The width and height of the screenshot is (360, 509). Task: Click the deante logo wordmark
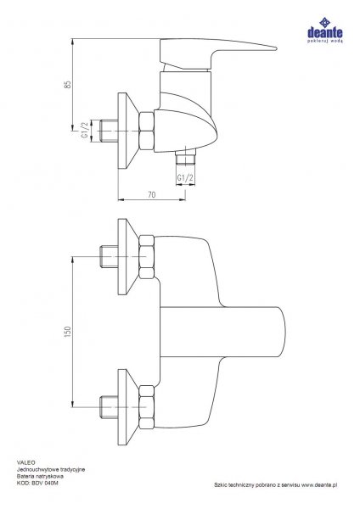click(325, 33)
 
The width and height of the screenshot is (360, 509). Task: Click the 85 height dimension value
click(68, 84)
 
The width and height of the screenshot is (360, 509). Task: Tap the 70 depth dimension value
click(152, 195)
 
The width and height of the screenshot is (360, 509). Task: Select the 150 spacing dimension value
click(68, 332)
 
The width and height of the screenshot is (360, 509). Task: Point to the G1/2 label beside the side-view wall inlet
click(85, 131)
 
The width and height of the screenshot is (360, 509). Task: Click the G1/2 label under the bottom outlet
click(186, 178)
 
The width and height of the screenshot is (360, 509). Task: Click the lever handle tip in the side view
click(276, 49)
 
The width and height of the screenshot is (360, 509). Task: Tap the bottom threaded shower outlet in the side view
click(186, 158)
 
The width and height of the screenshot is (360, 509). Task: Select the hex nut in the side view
click(146, 131)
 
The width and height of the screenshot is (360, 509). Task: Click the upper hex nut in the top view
click(146, 257)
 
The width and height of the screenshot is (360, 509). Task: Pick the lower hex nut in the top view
click(146, 407)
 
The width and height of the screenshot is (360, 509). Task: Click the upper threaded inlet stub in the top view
click(109, 256)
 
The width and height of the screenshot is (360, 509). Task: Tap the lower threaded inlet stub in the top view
click(109, 406)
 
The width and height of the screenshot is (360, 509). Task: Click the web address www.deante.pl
click(319, 485)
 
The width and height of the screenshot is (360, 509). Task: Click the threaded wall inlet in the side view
click(109, 131)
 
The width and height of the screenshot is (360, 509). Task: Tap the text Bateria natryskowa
click(40, 476)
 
